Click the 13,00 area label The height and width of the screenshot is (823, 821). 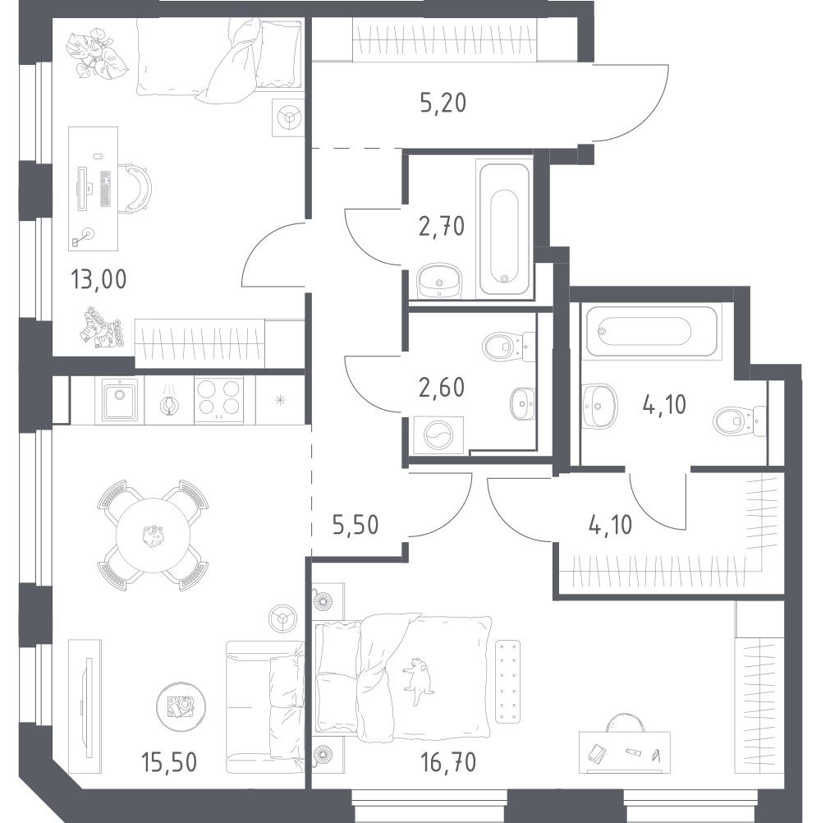pyautogui.click(x=99, y=279)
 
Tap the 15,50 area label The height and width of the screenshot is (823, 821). pyautogui.click(x=169, y=762)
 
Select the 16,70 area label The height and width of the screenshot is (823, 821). pyautogui.click(x=448, y=762)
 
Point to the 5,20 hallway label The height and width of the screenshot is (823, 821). pyautogui.click(x=443, y=103)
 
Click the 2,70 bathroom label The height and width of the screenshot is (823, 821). pyautogui.click(x=442, y=226)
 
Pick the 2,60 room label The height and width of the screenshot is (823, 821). pyautogui.click(x=442, y=388)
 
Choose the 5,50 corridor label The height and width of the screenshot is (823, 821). pyautogui.click(x=355, y=524)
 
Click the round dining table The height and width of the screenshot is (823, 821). pyautogui.click(x=153, y=536)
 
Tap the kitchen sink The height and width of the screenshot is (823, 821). pyautogui.click(x=120, y=400)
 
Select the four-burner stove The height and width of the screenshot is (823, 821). pyautogui.click(x=218, y=400)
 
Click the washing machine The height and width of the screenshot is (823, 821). pyautogui.click(x=438, y=435)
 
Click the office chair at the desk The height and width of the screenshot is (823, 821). pyautogui.click(x=138, y=187)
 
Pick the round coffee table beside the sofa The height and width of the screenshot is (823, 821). pyautogui.click(x=181, y=707)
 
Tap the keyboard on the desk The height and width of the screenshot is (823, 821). pyautogui.click(x=105, y=189)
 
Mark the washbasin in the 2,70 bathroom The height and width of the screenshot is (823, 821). pyautogui.click(x=439, y=281)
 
